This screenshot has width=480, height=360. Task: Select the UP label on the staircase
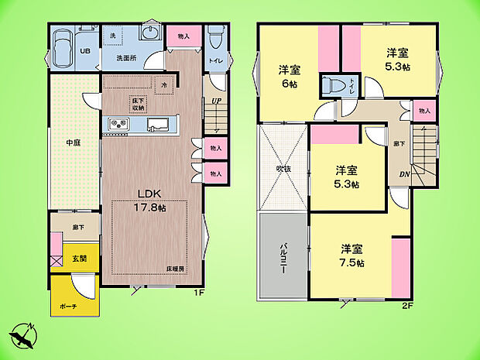click(x=216, y=101)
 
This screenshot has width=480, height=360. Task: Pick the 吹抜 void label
click(x=283, y=169)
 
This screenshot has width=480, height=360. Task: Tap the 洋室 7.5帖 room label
click(x=351, y=255)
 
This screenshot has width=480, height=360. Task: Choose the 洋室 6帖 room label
click(x=290, y=76)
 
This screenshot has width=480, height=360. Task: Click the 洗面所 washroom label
click(x=127, y=57)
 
